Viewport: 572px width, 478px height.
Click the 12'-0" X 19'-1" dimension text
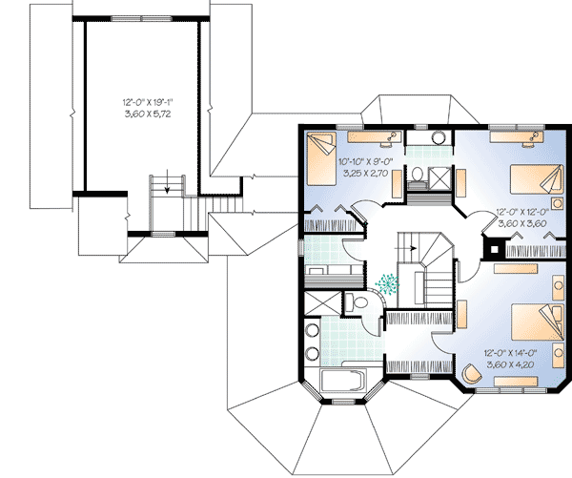click(x=141, y=100)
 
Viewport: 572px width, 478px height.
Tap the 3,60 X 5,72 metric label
click(x=141, y=113)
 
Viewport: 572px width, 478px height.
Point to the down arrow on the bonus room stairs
click(x=167, y=183)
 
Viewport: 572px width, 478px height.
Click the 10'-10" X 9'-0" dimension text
click(x=366, y=161)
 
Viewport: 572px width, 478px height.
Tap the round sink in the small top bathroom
click(x=439, y=136)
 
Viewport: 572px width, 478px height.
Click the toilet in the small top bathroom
click(x=417, y=173)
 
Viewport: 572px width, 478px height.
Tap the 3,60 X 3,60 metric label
click(x=523, y=224)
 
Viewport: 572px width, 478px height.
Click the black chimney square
click(x=493, y=252)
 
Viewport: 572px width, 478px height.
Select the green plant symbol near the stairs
click(x=388, y=283)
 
